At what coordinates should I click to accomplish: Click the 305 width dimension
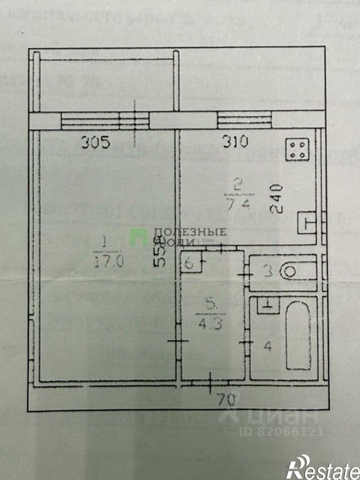[96, 143]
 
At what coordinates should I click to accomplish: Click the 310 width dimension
[234, 143]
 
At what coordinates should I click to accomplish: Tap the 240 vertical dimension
[277, 199]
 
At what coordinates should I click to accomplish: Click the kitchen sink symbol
[307, 222]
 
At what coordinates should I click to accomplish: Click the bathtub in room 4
[298, 335]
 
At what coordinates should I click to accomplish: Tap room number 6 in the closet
[189, 264]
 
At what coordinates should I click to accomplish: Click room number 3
[267, 272]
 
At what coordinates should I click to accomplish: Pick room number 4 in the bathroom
[267, 347]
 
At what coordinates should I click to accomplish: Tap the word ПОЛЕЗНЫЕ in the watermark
[190, 231]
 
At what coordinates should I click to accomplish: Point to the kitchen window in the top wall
[244, 120]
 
